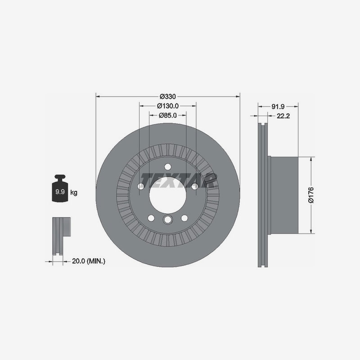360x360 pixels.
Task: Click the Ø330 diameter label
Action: pyautogui.click(x=167, y=96)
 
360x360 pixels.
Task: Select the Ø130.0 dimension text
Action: pyautogui.click(x=168, y=106)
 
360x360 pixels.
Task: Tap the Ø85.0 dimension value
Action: pyautogui.click(x=168, y=115)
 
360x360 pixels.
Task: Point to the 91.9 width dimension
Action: pyautogui.click(x=278, y=107)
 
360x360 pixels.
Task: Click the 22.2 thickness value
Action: pyautogui.click(x=283, y=116)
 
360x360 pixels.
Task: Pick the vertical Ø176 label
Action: pyautogui.click(x=311, y=195)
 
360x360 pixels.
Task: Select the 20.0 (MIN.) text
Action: pyautogui.click(x=89, y=261)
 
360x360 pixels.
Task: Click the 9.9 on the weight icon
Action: pyautogui.click(x=60, y=192)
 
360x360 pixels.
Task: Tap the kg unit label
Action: pyautogui.click(x=74, y=193)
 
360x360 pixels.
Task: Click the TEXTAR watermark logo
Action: pyautogui.click(x=179, y=181)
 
